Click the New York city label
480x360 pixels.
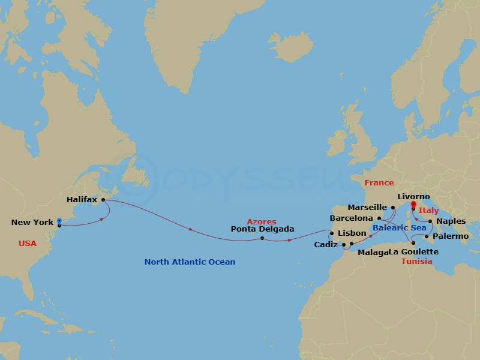tap(32, 223)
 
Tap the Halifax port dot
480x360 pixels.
tap(103, 199)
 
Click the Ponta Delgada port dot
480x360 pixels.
tap(262, 238)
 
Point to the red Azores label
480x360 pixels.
tap(261, 222)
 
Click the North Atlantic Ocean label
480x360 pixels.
tap(190, 262)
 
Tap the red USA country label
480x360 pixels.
tap(28, 244)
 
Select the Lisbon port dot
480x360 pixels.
tap(332, 233)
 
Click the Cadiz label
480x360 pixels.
tap(326, 245)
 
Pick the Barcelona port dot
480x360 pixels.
tap(380, 218)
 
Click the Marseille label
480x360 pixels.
tap(367, 208)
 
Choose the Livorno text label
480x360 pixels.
tap(414, 196)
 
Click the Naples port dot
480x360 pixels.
tap(430, 221)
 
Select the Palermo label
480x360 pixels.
tap(450, 236)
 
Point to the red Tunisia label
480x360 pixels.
tap(416, 262)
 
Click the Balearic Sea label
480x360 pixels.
tap(399, 228)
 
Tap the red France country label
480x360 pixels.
tap(379, 183)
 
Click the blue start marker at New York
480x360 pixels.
tap(59, 222)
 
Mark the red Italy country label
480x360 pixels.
tap(428, 211)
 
